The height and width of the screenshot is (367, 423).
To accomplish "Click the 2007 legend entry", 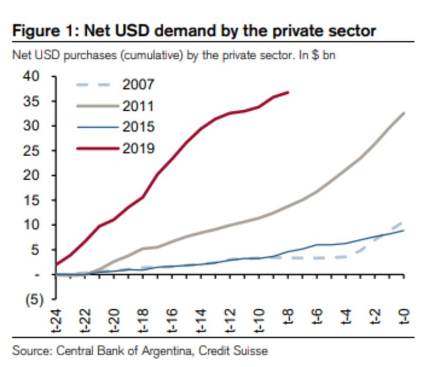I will [x=138, y=85].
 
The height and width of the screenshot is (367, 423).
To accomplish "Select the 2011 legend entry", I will [x=138, y=106].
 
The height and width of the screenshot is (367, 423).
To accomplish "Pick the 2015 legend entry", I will [x=138, y=127].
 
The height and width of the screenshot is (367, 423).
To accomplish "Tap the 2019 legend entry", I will [x=138, y=148].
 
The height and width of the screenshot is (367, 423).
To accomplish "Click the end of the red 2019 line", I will [x=288, y=92].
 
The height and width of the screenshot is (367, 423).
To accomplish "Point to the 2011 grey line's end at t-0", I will [x=404, y=113].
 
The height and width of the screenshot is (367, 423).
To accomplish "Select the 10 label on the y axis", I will [x=32, y=225].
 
